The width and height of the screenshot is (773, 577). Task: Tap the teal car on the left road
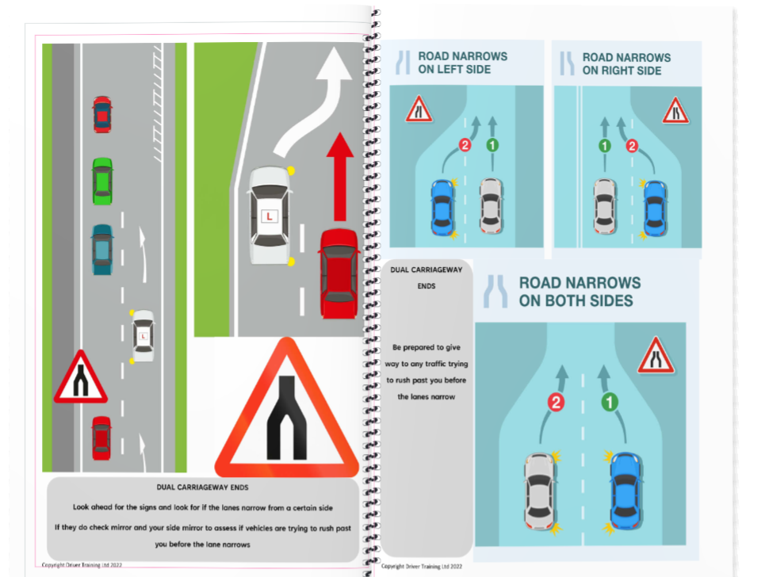pos(101,249)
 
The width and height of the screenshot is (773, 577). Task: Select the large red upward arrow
pos(340,176)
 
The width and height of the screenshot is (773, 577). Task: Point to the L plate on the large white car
pos(267,215)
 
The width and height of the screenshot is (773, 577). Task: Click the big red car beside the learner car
pos(339,273)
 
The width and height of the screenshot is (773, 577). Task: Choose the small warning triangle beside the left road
pos(80,379)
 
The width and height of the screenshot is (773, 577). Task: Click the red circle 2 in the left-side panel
pos(465,145)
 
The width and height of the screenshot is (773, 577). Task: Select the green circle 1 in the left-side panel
pos(492,145)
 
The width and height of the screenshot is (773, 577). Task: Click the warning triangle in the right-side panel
pos(675,110)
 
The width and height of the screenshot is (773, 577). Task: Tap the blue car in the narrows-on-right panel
pos(655,208)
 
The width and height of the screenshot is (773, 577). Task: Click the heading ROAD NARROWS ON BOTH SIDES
pos(580,292)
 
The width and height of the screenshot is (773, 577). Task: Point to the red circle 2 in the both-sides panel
pos(556,403)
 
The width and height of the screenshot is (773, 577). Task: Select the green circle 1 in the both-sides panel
pos(610,403)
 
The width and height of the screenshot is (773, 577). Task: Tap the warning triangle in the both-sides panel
pos(656,356)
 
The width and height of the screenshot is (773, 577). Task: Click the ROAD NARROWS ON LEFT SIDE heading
pos(463,63)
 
